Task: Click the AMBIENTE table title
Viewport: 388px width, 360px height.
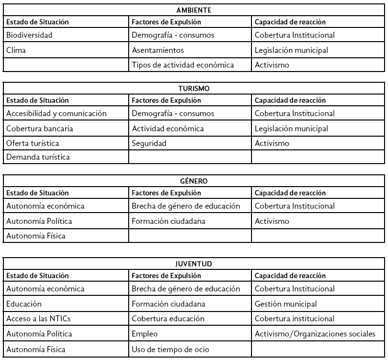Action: (x=194, y=10)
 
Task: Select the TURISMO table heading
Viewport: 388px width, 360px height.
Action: (x=194, y=88)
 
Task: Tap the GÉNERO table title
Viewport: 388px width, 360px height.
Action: (x=194, y=181)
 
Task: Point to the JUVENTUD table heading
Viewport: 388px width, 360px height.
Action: (x=194, y=264)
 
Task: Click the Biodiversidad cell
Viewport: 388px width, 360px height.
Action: (x=29, y=35)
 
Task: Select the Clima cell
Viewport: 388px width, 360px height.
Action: (x=16, y=50)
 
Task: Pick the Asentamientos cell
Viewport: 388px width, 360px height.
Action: (x=158, y=50)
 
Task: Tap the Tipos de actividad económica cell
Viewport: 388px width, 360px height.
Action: (x=183, y=65)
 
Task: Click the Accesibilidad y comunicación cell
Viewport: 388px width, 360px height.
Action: (x=56, y=114)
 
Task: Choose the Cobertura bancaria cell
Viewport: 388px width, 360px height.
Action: (x=40, y=129)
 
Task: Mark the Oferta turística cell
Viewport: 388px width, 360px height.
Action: (x=33, y=144)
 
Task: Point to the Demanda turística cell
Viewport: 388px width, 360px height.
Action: (x=38, y=157)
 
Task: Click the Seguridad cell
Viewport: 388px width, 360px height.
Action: (x=149, y=144)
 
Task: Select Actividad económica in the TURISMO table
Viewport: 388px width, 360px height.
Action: (x=168, y=129)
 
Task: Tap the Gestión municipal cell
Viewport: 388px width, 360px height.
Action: (x=286, y=304)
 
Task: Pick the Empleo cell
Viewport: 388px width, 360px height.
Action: (x=145, y=334)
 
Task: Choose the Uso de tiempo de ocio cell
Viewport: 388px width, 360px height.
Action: (x=170, y=350)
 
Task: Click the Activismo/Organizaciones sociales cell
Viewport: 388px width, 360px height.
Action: (x=315, y=334)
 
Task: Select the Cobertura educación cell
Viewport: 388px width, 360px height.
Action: (x=168, y=319)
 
